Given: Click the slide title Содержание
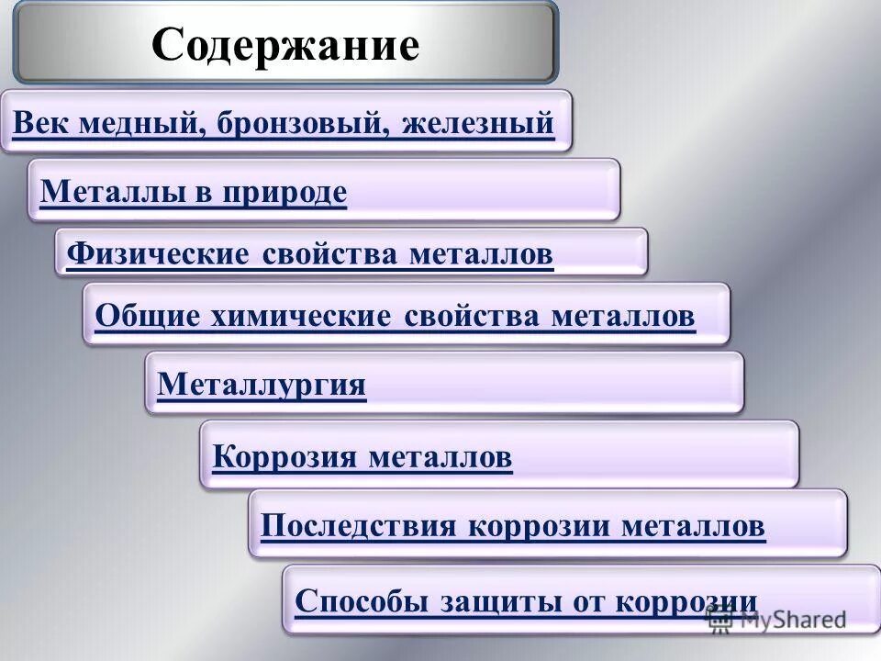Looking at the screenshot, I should click(285, 43).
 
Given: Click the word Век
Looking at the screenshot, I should click(39, 122).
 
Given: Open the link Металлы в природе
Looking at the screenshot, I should click(194, 191).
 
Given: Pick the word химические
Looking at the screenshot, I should click(303, 316).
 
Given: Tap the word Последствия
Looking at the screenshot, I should click(358, 526).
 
